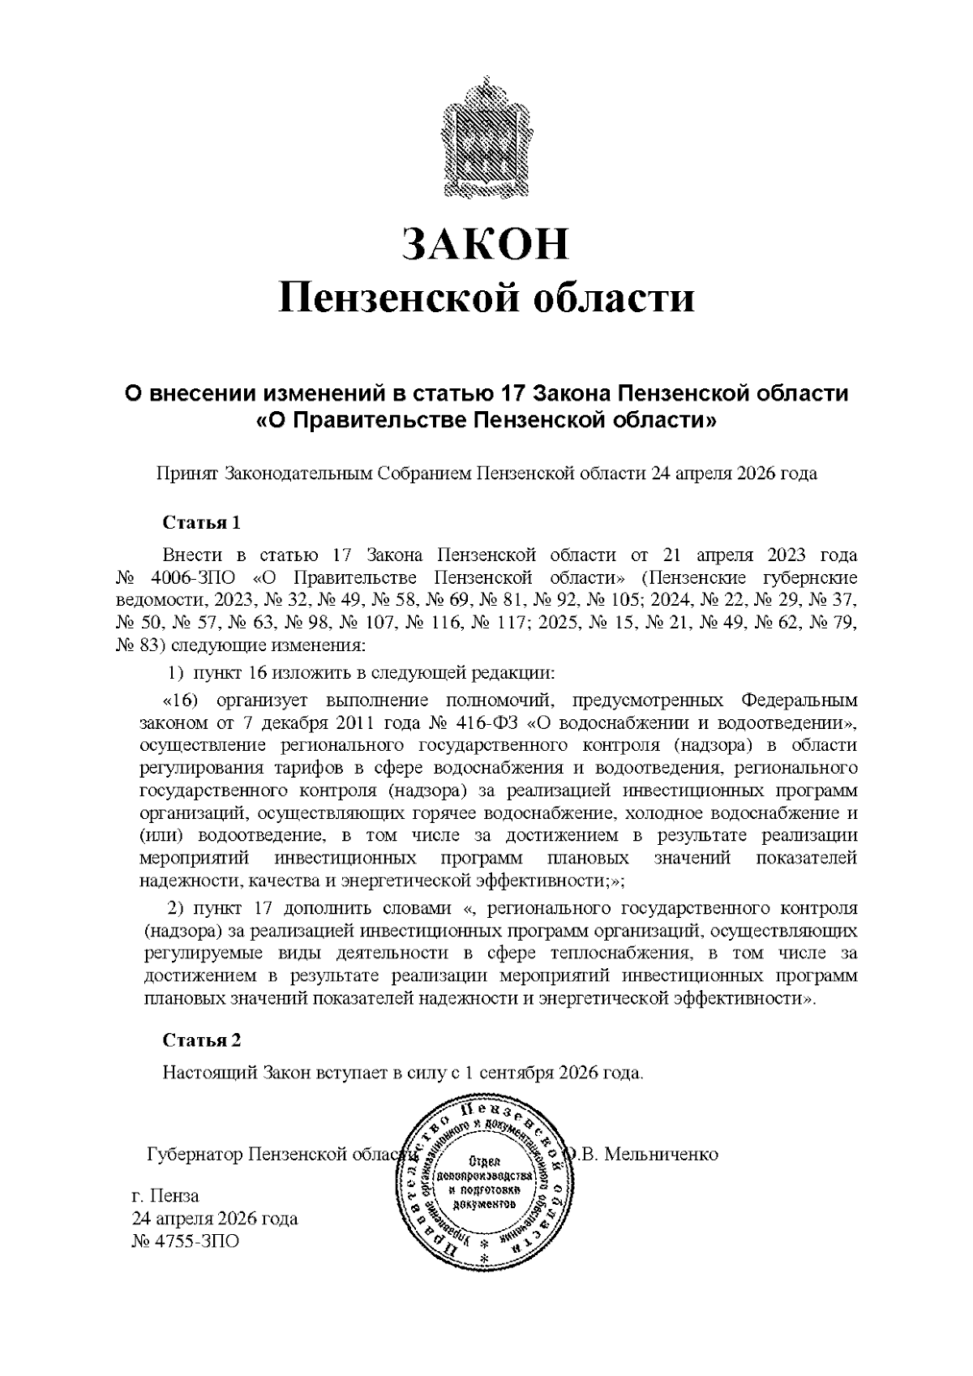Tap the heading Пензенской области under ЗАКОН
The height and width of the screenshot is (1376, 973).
click(x=486, y=298)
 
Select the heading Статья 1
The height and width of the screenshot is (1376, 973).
click(x=202, y=522)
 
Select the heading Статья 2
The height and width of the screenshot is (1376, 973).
click(x=202, y=1040)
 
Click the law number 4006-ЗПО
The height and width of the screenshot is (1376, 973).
click(x=195, y=578)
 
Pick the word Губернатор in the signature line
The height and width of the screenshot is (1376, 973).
click(x=195, y=1154)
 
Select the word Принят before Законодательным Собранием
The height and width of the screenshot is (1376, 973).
click(x=186, y=474)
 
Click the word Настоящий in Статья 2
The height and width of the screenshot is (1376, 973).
click(x=210, y=1073)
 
